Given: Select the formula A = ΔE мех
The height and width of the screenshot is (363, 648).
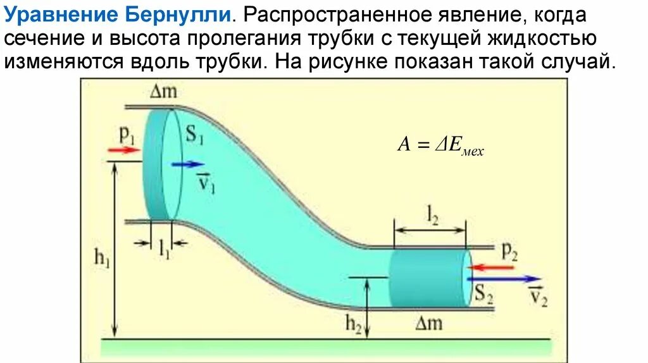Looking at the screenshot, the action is click(440, 145).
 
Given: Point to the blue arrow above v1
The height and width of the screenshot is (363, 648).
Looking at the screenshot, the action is click(187, 164).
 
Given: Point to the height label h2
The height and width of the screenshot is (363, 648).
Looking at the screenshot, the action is click(353, 324).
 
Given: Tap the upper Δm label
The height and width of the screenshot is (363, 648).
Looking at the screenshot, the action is click(164, 92).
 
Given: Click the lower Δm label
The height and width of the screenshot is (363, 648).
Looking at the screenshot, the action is click(429, 323).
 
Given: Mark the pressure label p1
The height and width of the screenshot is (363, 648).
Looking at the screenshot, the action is click(127, 134).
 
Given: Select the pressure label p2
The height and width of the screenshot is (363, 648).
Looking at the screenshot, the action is click(509, 251).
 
